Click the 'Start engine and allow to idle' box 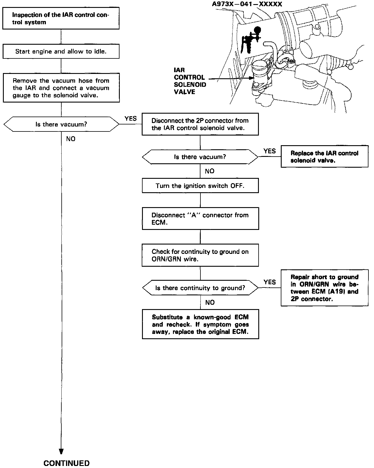point(61,51)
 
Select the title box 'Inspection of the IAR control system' point(61,18)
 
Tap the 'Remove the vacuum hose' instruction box point(61,88)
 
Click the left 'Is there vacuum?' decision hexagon point(61,124)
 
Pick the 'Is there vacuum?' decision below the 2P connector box point(200,157)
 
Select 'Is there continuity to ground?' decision point(200,288)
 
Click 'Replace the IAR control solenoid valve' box point(324,157)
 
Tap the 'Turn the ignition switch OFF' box point(200,186)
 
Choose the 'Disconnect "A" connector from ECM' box point(200,219)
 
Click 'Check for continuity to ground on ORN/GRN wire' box point(200,255)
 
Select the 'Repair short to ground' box point(324,288)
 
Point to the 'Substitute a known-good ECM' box point(200,324)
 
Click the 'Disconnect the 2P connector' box point(200,124)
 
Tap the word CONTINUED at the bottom point(66,463)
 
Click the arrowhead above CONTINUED point(61,451)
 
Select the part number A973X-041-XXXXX point(247,4)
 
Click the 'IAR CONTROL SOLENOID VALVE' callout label point(190,81)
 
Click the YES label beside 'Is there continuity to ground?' point(269,282)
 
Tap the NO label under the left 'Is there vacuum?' point(71,139)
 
